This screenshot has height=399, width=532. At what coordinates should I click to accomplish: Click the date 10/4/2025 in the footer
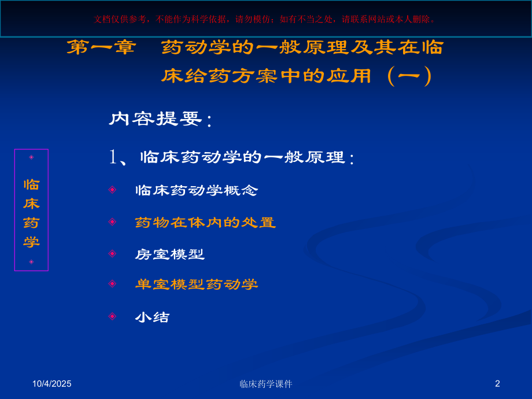[52, 383]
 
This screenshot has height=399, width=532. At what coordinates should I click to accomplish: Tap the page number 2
[497, 383]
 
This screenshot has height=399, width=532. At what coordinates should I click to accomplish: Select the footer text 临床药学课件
[266, 383]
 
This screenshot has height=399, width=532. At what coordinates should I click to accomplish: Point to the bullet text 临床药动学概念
[197, 190]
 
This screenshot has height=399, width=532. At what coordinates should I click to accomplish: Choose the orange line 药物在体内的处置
[205, 222]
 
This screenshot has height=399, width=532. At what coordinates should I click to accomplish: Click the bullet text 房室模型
[170, 254]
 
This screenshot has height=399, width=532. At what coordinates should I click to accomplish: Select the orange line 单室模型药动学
[197, 284]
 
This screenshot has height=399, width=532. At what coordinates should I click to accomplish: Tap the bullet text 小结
[153, 317]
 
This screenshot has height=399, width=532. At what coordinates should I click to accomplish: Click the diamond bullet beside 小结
[112, 316]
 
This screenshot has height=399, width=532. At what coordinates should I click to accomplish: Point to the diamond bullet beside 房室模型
[112, 253]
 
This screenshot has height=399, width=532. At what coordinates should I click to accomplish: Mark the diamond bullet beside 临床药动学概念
[112, 189]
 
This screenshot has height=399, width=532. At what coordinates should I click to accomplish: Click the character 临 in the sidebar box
[31, 184]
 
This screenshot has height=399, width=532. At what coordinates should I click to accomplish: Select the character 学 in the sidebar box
[31, 242]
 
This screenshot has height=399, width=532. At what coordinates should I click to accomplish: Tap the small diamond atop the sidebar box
[31, 157]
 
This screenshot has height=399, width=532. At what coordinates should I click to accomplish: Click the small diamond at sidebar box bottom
[31, 262]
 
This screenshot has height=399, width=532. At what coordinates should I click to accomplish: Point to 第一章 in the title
[101, 47]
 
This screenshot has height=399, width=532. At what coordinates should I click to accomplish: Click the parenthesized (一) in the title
[410, 76]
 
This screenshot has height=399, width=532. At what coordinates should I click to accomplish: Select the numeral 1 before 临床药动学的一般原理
[113, 157]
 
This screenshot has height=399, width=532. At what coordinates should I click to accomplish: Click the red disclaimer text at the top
[265, 19]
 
